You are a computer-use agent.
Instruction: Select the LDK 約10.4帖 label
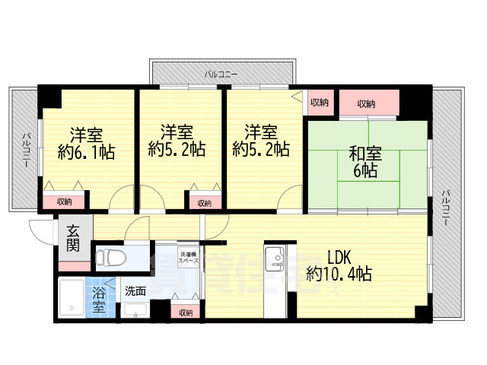(339, 265)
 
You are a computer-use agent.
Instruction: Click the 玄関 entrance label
(72, 239)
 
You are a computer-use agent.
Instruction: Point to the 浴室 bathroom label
(100, 299)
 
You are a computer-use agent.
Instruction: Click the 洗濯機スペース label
(189, 257)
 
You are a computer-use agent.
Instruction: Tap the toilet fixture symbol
(113, 255)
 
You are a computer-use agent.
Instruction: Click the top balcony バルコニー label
(221, 74)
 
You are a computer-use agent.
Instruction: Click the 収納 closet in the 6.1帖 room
(64, 202)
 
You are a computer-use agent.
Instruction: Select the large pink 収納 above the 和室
(367, 103)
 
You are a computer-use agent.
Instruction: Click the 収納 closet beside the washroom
(186, 313)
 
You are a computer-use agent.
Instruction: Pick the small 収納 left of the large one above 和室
(320, 102)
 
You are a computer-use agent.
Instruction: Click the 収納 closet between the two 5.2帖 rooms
(204, 203)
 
